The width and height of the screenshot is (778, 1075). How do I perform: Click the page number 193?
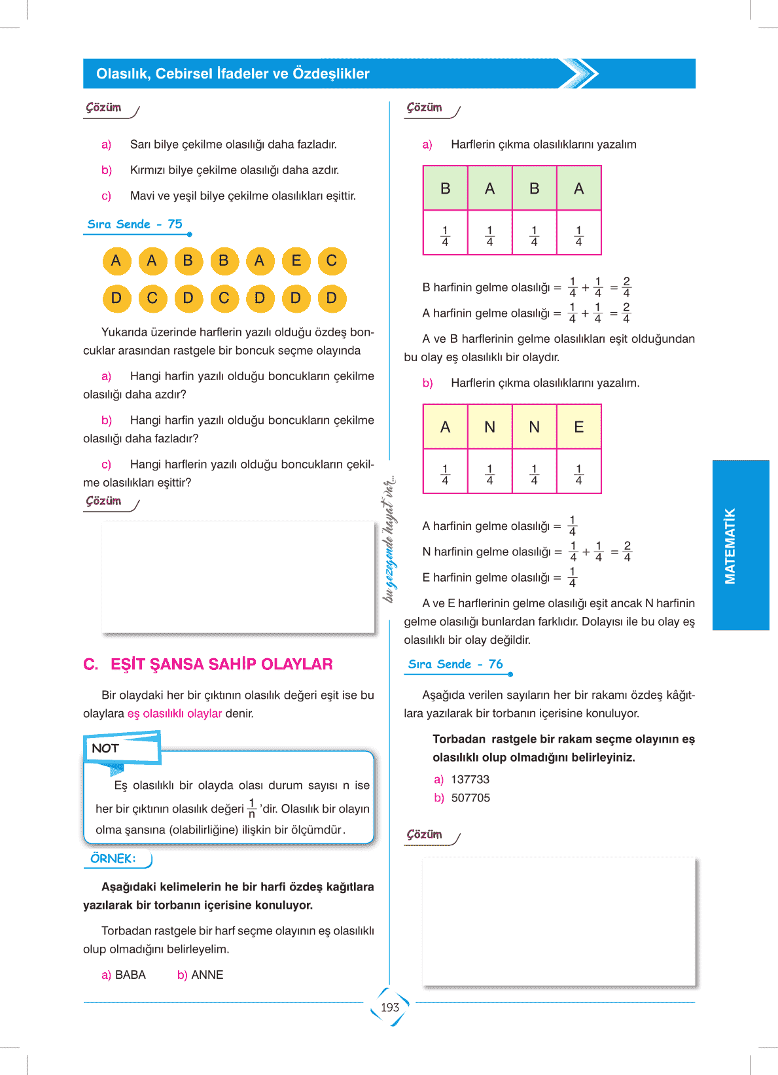point(390,1007)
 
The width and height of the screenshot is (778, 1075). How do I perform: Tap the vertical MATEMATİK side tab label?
point(730,546)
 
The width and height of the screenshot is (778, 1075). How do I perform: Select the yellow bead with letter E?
point(296,261)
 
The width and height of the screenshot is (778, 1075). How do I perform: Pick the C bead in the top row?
point(332,261)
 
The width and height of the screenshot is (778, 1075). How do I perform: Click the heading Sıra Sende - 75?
point(135,224)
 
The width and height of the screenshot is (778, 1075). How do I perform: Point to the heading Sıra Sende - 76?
point(455,664)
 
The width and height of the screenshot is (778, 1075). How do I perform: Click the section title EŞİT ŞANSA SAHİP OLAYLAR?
point(221,664)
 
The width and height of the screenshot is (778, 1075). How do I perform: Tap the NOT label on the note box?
point(105,749)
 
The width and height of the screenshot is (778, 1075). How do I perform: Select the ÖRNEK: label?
point(113,858)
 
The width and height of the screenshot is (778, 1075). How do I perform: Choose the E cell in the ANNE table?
point(578,427)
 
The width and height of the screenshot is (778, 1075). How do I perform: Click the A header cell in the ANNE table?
point(446,427)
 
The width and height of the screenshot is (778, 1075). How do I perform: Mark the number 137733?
point(470,779)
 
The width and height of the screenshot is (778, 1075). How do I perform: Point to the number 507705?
point(470,798)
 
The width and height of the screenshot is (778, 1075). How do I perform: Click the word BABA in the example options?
point(130,975)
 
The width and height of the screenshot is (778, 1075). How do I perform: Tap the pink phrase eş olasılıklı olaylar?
point(175,713)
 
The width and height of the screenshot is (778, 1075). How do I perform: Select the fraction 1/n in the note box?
point(252,809)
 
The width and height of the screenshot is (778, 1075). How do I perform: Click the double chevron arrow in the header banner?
point(579,73)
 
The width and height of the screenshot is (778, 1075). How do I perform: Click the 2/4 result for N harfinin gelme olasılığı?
point(627,552)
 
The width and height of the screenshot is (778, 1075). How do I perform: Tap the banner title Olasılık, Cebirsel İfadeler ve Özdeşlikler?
point(233,74)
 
